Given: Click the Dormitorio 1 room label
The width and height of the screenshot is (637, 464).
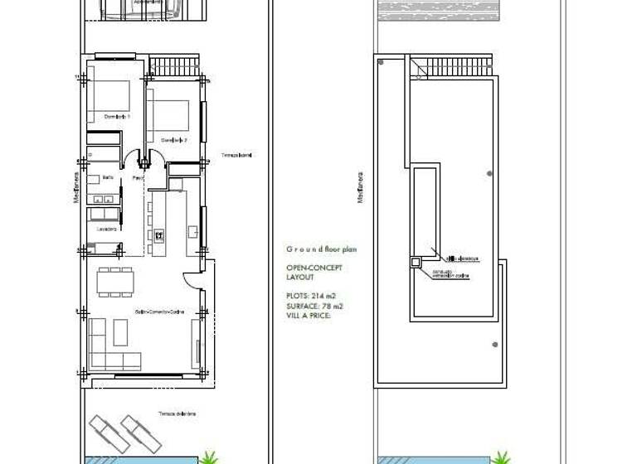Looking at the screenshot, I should click(x=117, y=117).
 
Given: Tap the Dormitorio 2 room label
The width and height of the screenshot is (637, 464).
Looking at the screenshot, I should click(x=173, y=139).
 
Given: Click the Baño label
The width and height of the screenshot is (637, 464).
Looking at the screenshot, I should click(x=108, y=177).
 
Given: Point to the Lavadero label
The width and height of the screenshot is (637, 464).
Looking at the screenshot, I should click(x=105, y=229).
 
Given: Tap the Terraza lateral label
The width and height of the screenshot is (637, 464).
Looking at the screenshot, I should click(x=236, y=155).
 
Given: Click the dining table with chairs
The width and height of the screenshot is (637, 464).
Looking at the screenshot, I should click(x=114, y=282).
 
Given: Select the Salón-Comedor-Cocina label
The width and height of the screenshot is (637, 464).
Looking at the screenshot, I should click(x=159, y=312).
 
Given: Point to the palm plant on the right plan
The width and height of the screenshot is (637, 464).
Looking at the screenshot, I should click(x=500, y=457).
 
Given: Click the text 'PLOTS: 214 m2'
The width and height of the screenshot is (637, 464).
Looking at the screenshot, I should click(x=311, y=296).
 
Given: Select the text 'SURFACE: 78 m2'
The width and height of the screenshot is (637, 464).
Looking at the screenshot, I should click(x=314, y=306).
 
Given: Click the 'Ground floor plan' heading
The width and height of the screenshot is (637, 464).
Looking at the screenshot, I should click(x=321, y=249).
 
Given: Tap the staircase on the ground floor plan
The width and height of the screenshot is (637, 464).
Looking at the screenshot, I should click(x=177, y=65).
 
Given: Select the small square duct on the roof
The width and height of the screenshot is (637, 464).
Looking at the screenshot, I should click(x=416, y=263).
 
